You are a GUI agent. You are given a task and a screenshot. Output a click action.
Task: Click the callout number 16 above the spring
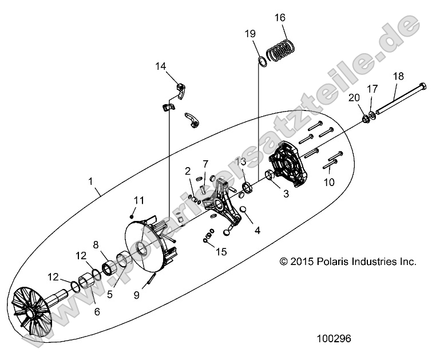click(280, 18)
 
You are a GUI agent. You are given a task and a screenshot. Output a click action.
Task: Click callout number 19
click(251, 34)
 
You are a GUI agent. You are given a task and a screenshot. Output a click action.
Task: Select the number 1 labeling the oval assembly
click(90, 181)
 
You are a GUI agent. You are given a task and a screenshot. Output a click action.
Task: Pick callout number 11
click(138, 200)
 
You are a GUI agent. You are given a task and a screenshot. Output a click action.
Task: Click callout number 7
click(205, 164)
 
